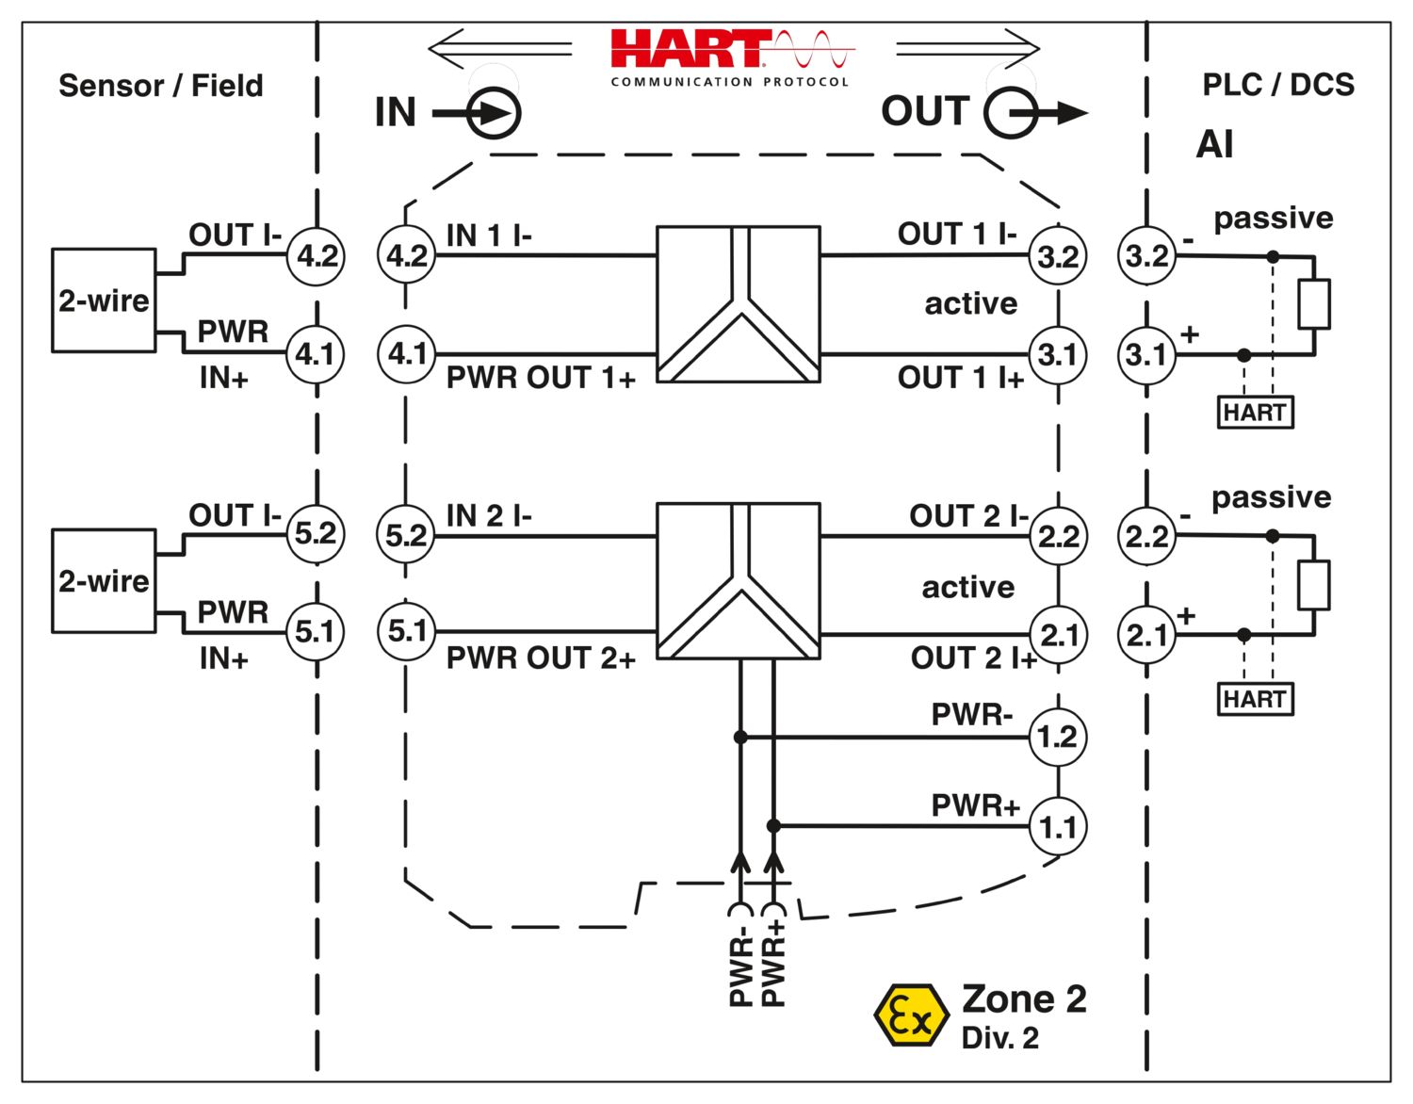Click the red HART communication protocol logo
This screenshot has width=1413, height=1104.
pyautogui.click(x=730, y=57)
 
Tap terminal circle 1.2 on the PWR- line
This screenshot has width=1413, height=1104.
pyautogui.click(x=1057, y=736)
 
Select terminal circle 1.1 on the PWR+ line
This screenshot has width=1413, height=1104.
pyautogui.click(x=1057, y=826)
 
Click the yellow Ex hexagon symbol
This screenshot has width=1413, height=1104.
pyautogui.click(x=910, y=1015)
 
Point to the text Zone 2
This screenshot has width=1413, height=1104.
pyautogui.click(x=1024, y=998)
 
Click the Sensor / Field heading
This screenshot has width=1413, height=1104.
pyautogui.click(x=161, y=86)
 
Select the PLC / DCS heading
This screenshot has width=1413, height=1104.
pyautogui.click(x=1278, y=85)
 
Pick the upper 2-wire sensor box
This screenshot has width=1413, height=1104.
pyautogui.click(x=104, y=300)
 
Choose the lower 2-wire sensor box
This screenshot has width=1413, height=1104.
pyautogui.click(x=104, y=581)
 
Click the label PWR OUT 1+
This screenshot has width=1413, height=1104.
pyautogui.click(x=541, y=378)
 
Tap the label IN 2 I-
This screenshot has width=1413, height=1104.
pyautogui.click(x=488, y=516)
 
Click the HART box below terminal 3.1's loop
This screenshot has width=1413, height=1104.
pyautogui.click(x=1255, y=413)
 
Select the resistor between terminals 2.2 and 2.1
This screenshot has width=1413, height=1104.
pyautogui.click(x=1313, y=585)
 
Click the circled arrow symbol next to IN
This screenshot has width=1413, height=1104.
pyautogui.click(x=494, y=114)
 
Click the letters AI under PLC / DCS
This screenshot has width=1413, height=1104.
pyautogui.click(x=1214, y=145)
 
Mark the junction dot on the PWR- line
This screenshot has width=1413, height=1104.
pyautogui.click(x=740, y=737)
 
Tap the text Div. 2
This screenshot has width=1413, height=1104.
pyautogui.click(x=999, y=1038)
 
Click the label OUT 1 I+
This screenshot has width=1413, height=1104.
pyautogui.click(x=960, y=378)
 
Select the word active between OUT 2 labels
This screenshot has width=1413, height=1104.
pyautogui.click(x=967, y=587)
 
